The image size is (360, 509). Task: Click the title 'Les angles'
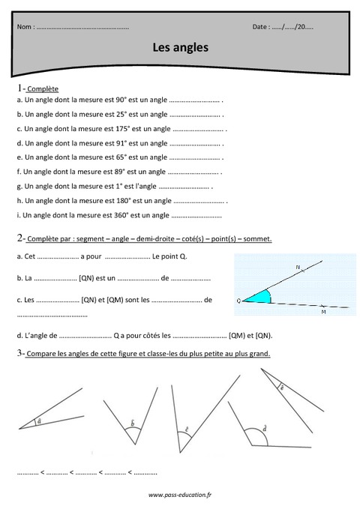pos(180,46)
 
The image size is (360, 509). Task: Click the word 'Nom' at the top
pos(24,26)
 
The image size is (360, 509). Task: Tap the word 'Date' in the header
pos(260,26)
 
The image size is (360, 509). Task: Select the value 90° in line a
pos(119,100)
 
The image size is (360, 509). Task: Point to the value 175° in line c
pos(121,128)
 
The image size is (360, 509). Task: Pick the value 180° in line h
pos(121,201)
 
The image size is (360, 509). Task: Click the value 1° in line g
pos(117,186)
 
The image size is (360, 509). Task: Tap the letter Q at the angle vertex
pos(238,300)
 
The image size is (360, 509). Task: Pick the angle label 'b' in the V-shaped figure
pos(133,424)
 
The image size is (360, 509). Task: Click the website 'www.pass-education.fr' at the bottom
pos(180,496)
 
